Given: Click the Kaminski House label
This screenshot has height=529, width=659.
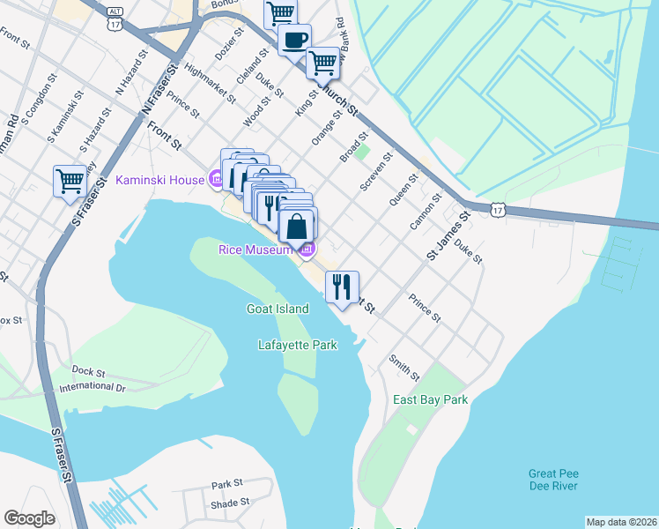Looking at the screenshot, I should point(160,181).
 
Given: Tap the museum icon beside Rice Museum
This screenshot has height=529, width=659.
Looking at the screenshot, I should point(307,251).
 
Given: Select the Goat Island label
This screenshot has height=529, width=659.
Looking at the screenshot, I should point(277,309).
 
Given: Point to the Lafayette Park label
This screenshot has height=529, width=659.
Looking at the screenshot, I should point(298,345).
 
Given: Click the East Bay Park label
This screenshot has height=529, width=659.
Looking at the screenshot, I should point(430,399).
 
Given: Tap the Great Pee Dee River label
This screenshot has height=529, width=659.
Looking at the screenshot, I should point(553,480).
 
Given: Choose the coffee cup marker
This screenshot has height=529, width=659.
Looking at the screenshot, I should point(294,39).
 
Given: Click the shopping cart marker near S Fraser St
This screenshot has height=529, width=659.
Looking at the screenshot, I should point(70,182).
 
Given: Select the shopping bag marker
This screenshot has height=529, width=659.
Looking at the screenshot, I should point(299,226).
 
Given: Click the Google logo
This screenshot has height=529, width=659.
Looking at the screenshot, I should point(29,518).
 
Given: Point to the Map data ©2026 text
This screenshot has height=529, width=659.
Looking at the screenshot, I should point(621,522).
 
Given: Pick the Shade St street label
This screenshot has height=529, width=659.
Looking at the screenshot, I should point(230,503).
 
